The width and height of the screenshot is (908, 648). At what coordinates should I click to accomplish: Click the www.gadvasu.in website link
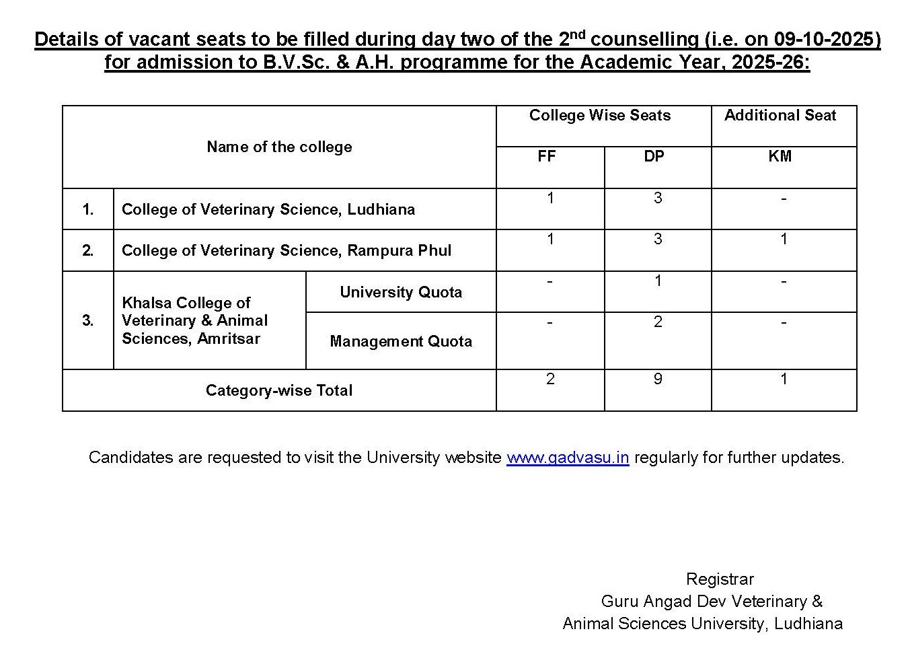[x=567, y=458]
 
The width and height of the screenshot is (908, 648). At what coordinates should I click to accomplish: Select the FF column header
[x=546, y=156]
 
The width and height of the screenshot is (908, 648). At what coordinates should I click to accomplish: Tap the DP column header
[x=654, y=156]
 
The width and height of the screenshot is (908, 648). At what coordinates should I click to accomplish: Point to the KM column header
[x=780, y=156]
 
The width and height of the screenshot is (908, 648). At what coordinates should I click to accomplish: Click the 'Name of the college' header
[x=279, y=147]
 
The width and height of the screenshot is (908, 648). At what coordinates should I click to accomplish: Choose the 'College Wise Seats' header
[x=600, y=116]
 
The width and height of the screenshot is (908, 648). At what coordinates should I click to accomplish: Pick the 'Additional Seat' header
[x=780, y=116]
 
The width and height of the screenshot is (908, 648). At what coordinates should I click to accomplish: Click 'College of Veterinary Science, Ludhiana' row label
[x=268, y=209]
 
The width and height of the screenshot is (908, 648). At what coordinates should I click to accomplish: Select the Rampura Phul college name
[x=287, y=250]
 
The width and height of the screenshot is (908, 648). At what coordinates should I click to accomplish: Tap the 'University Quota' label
[x=401, y=292]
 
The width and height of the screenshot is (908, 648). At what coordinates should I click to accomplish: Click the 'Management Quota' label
[x=401, y=341]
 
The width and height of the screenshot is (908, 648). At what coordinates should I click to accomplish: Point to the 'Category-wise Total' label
[x=279, y=390]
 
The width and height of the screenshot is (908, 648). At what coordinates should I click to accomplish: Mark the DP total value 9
[x=658, y=380]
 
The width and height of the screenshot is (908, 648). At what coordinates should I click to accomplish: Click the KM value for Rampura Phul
[x=784, y=240]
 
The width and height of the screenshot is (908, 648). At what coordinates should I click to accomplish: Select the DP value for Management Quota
[x=658, y=322]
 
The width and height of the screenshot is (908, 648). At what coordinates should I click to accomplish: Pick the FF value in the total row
[x=550, y=380]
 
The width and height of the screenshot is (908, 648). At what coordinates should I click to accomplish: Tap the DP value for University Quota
[x=658, y=281]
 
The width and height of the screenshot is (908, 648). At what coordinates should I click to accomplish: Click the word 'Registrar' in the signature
[x=720, y=579]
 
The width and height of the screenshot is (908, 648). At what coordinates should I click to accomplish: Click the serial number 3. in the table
[x=88, y=320]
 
